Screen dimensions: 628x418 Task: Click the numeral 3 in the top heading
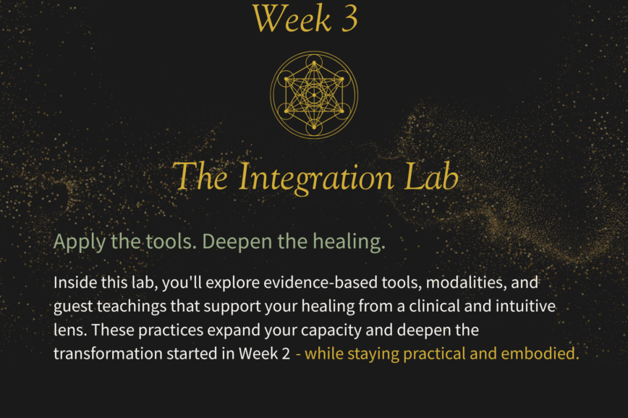[x=349, y=20]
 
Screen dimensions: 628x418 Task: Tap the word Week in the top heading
[x=292, y=18]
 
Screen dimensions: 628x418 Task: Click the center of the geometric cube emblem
[x=314, y=95]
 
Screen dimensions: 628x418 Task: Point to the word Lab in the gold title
[x=431, y=176]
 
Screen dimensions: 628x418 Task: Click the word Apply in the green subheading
[x=80, y=242]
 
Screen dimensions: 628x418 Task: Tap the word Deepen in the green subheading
[x=237, y=242]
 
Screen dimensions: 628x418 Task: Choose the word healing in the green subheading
[x=349, y=242]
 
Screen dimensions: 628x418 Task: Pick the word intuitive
[x=525, y=307]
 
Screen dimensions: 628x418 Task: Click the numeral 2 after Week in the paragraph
[x=286, y=354]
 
